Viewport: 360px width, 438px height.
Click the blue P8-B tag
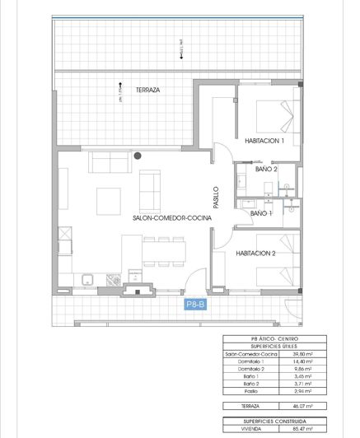195,304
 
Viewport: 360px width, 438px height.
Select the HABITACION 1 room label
264,142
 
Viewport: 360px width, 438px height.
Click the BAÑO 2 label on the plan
266,169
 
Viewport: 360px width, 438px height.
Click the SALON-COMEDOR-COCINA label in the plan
171,217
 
